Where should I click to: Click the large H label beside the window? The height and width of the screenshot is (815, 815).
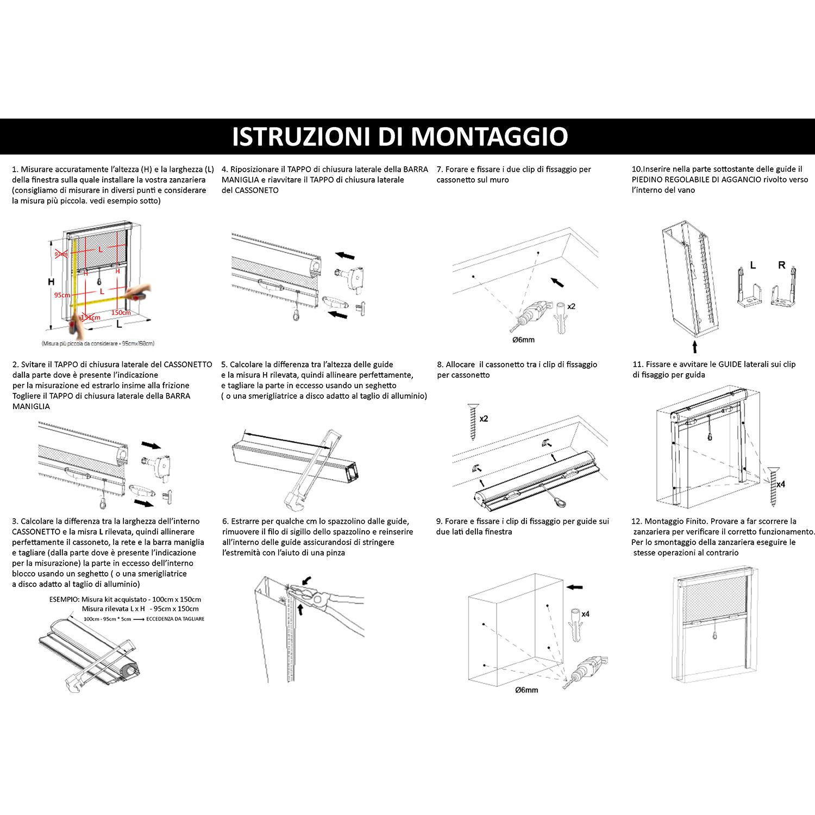click(51, 282)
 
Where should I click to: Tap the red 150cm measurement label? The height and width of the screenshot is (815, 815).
click(121, 312)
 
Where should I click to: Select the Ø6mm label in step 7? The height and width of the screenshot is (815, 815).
click(523, 340)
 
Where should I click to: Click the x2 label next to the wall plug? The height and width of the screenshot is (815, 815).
click(571, 306)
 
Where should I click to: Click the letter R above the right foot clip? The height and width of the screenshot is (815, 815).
click(781, 265)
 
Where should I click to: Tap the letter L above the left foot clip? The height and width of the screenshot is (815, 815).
click(753, 265)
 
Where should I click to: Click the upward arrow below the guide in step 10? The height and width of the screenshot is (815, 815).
click(694, 346)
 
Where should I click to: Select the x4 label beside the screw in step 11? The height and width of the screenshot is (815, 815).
click(780, 484)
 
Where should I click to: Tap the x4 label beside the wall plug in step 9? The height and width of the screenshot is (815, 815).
click(585, 614)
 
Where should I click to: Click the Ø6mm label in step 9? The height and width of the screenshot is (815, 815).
click(526, 690)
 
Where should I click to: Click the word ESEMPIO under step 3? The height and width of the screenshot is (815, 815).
click(64, 599)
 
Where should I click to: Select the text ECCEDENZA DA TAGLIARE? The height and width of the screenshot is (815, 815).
click(175, 619)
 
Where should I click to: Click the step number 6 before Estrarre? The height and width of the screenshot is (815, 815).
click(225, 521)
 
